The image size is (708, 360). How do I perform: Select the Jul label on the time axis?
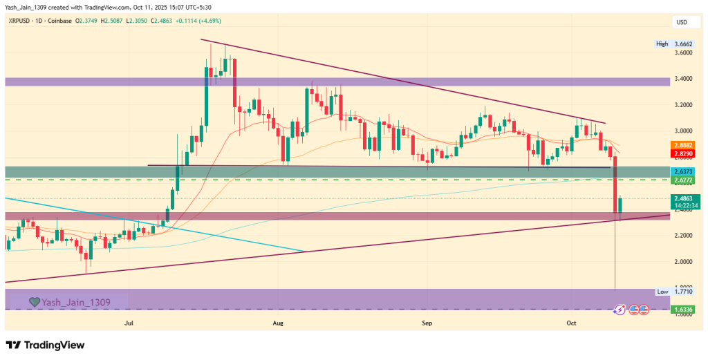point(129,323)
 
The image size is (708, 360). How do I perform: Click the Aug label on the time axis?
point(279,323)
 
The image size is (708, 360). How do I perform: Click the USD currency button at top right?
point(682,22)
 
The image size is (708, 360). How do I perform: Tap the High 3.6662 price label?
point(671,44)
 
